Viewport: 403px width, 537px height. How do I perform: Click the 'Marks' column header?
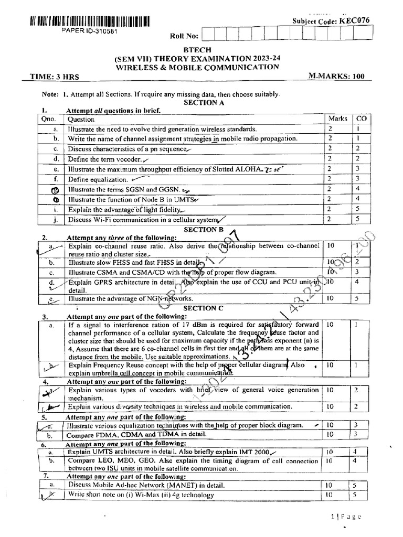[337, 119]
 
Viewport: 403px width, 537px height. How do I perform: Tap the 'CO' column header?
[361, 119]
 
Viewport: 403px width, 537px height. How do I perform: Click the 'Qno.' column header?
[49, 119]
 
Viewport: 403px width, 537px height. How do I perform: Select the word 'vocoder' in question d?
[128, 159]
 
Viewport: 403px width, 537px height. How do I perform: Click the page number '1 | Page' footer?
[347, 516]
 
